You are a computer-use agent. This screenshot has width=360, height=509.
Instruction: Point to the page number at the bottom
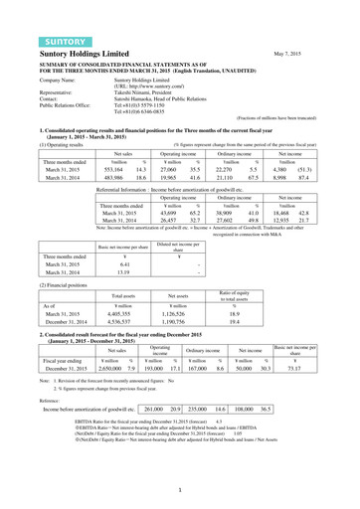coord(180,492)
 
